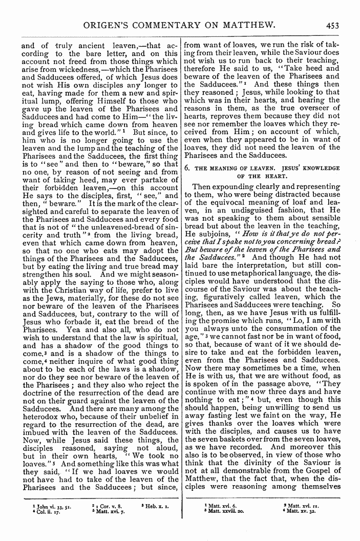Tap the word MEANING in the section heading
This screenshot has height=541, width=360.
point(221,168)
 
